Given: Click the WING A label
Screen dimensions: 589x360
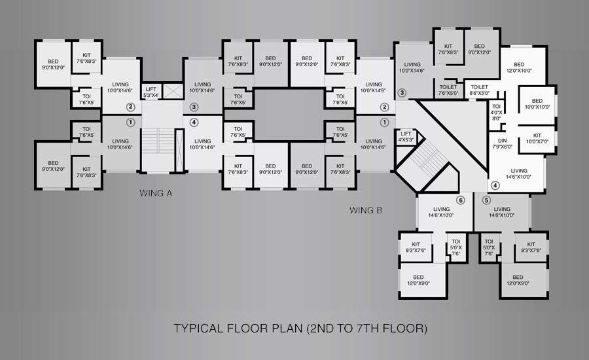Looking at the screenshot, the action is [x=156, y=193].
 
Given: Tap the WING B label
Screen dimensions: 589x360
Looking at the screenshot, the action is [x=366, y=211].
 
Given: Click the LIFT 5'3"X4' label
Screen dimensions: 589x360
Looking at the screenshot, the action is [x=151, y=92].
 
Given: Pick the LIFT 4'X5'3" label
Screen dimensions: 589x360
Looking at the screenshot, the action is [x=406, y=136].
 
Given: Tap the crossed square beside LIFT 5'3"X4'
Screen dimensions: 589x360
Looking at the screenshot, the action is [x=173, y=92].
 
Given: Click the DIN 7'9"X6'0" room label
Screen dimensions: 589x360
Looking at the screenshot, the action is [x=502, y=143].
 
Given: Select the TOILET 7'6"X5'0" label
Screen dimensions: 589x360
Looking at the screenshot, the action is [x=448, y=90].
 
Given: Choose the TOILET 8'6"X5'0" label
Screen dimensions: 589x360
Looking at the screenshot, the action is [x=479, y=90].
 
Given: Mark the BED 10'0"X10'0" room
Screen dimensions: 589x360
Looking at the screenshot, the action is [x=537, y=103].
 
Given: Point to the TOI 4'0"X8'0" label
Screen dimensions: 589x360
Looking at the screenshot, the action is [x=496, y=113].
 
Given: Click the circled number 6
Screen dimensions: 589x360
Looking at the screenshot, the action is [x=461, y=200].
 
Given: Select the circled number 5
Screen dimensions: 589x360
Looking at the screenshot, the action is [x=486, y=200].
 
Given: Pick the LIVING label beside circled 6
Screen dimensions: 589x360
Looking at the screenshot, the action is [x=441, y=212].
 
